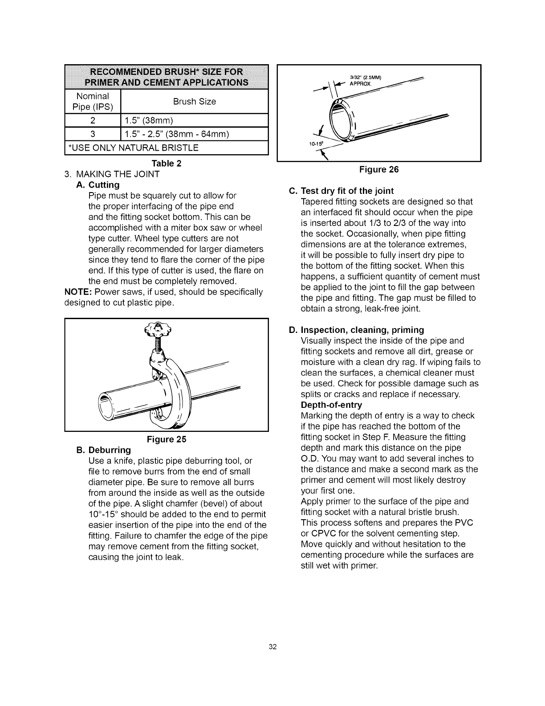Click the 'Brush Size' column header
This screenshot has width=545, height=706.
[x=194, y=102]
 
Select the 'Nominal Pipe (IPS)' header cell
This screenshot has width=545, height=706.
[x=93, y=102]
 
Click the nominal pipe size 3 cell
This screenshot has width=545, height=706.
[x=93, y=134]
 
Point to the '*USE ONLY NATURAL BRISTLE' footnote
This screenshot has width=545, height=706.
[x=132, y=148]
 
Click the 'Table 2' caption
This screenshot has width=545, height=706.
[x=167, y=163]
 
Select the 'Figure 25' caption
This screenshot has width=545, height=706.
[x=167, y=439]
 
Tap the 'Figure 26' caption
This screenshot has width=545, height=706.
[x=379, y=169]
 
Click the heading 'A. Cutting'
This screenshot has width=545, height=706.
[x=98, y=185]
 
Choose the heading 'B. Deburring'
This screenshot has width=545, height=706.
[x=104, y=450]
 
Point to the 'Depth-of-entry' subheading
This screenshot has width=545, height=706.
[x=332, y=405]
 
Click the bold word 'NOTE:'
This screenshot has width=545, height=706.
[x=78, y=292]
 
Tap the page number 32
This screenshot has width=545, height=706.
[x=272, y=647]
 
